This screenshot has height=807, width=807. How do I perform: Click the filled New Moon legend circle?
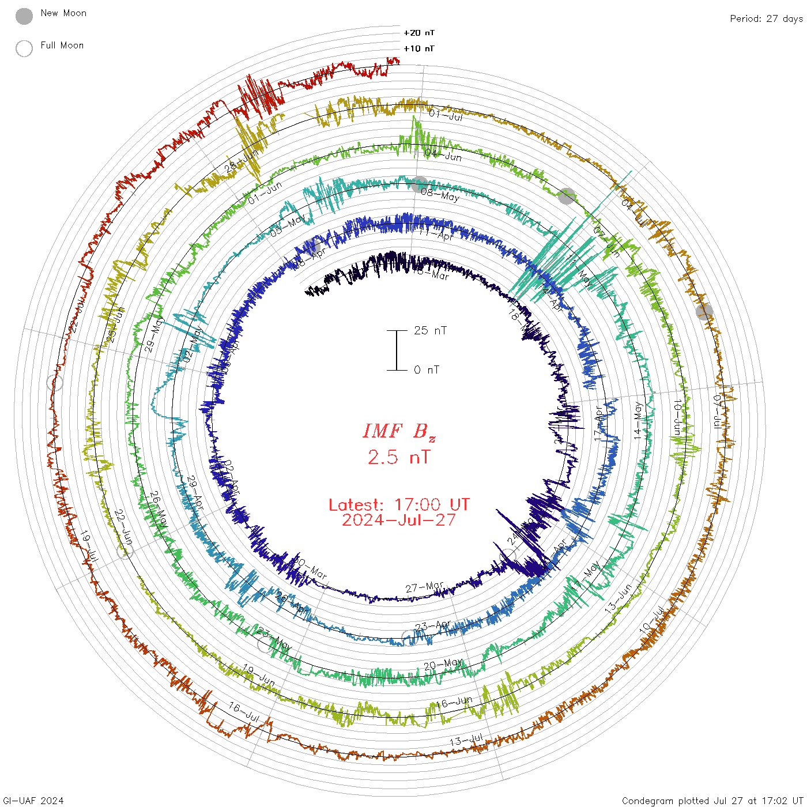pos(24,17)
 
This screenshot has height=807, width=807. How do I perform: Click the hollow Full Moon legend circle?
pos(24,48)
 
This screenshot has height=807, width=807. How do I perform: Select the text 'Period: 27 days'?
pos(766,18)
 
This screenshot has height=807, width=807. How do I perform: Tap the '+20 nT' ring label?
pos(419,33)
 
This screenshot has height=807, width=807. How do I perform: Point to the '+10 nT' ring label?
pos(419,48)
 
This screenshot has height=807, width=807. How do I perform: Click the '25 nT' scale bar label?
pos(430,330)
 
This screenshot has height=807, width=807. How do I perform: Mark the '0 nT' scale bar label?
pos(427,369)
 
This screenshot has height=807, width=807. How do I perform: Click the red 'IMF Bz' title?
pos(399,431)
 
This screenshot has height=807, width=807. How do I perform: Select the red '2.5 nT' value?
pos(399,457)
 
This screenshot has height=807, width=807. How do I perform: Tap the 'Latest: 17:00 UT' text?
pos(399,505)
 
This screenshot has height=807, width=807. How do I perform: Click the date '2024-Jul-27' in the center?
pos(399,520)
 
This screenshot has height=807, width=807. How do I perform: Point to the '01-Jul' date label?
pos(446,115)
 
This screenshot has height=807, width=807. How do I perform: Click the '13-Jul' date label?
pos(466,740)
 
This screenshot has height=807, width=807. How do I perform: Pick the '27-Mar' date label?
pos(424,587)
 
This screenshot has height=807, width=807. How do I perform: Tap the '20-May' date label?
pos(443,665)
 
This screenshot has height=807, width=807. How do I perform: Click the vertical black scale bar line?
pos(397,350)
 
